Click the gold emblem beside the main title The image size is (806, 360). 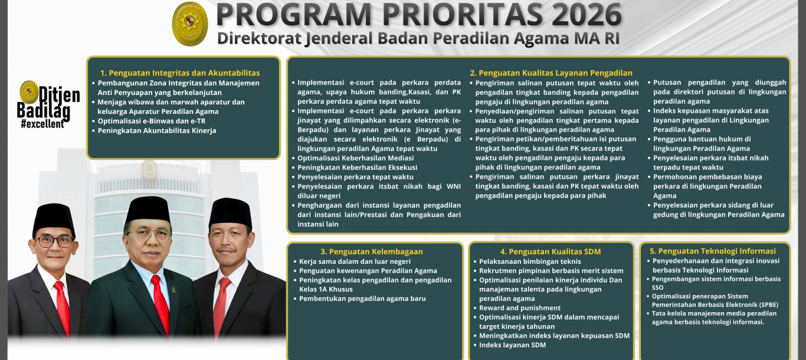(190, 24)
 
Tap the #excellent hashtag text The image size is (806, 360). (42, 124)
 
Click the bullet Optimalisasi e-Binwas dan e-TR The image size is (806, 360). (152, 121)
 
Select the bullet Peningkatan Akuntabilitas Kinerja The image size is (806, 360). (157, 130)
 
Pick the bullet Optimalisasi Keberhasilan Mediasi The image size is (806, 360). (356, 158)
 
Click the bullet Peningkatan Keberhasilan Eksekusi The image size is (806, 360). (358, 168)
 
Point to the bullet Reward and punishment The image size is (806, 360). (520, 308)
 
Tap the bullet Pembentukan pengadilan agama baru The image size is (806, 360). (362, 299)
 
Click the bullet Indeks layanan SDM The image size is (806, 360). (512, 345)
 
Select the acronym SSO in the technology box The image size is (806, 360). (657, 287)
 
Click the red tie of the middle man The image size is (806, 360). (161, 306)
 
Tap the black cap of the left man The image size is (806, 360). (54, 220)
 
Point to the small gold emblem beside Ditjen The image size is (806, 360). (29, 92)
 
